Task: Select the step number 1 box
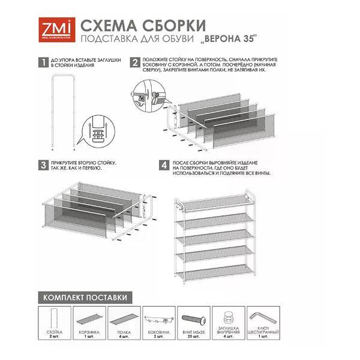(x=42, y=62)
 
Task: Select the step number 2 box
(x=136, y=62)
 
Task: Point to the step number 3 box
(x=42, y=164)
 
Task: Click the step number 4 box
(x=163, y=164)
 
